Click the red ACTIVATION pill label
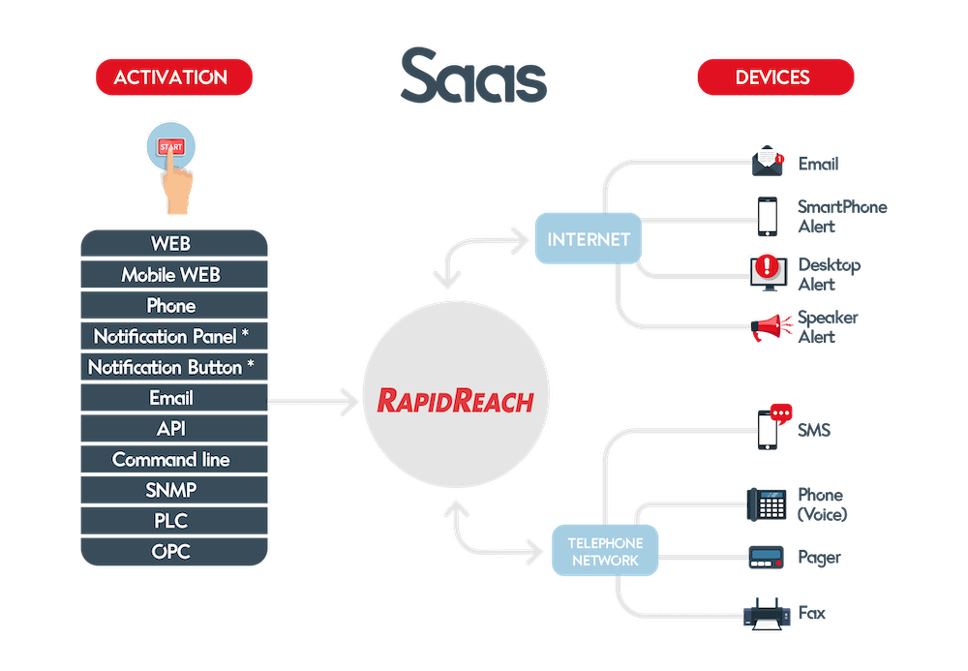[173, 77]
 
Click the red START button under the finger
[170, 147]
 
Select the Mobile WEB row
[171, 275]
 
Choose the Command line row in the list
[171, 459]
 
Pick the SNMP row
[171, 490]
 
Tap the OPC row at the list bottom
[171, 552]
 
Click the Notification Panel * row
[171, 337]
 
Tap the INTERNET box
[589, 239]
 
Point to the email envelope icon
[769, 161]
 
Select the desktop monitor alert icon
[766, 271]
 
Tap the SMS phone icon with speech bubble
[771, 426]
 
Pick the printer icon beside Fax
[766, 613]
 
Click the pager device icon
[767, 558]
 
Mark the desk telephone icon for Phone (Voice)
[766, 503]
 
